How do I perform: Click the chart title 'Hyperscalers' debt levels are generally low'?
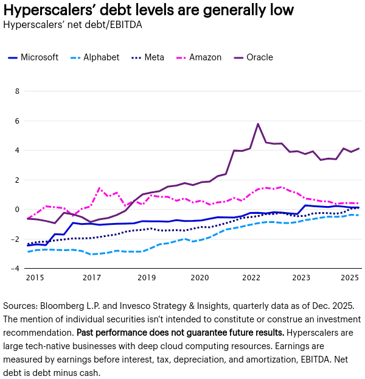pyautogui.click(x=148, y=10)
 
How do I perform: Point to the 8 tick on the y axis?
pyautogui.click(x=17, y=91)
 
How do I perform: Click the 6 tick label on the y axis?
pyautogui.click(x=17, y=121)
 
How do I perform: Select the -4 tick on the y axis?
pyautogui.click(x=16, y=269)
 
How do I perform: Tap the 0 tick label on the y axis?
pyautogui.click(x=17, y=210)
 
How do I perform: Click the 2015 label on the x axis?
pyautogui.click(x=35, y=278)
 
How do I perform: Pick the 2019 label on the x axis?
pyautogui.click(x=147, y=278)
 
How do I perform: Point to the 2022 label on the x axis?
pyautogui.click(x=251, y=278)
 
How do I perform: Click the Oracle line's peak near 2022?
pyautogui.click(x=258, y=124)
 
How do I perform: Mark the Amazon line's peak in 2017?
pyautogui.click(x=100, y=188)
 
